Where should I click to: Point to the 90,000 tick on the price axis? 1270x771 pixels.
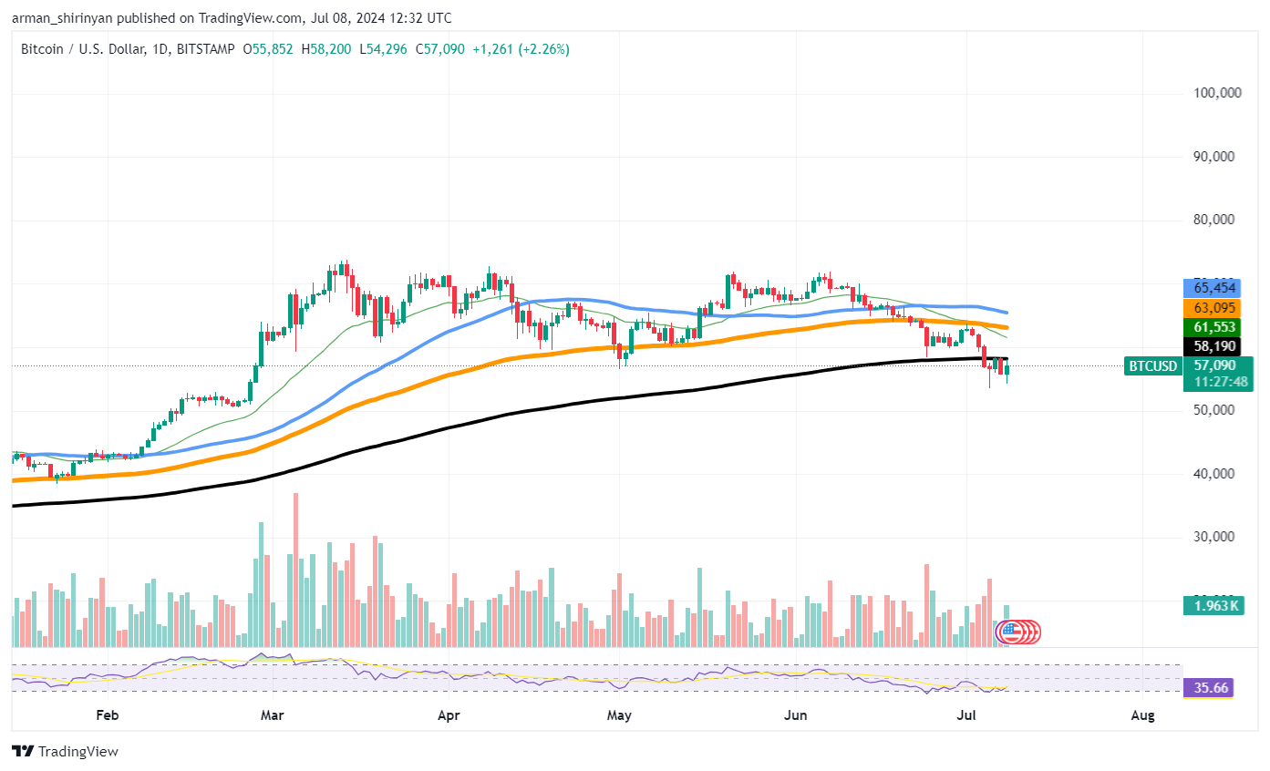click(1213, 157)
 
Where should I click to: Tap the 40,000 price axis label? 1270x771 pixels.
click(1213, 474)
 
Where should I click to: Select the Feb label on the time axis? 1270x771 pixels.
click(107, 716)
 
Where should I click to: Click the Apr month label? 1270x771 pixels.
click(448, 716)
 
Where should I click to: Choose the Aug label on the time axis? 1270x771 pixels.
click(1141, 716)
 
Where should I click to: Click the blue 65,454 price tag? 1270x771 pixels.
click(1213, 287)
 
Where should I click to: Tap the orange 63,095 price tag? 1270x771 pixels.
click(1213, 307)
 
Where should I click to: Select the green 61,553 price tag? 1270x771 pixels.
click(1213, 326)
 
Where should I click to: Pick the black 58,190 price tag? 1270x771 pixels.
click(1213, 346)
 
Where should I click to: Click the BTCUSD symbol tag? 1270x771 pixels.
click(1153, 366)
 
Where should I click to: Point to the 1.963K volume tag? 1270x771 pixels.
click(1214, 605)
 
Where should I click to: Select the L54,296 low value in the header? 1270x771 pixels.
click(385, 49)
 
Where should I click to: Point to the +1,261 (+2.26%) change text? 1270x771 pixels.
click(521, 49)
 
